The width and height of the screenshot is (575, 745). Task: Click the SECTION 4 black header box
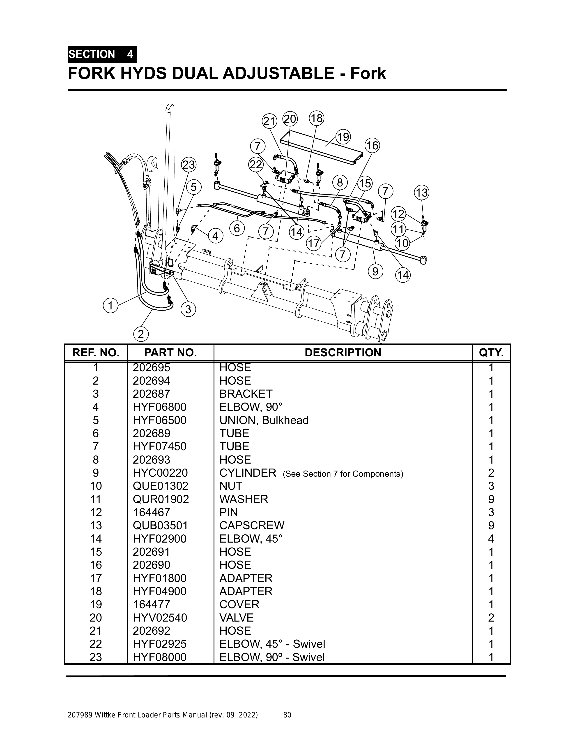click(102, 54)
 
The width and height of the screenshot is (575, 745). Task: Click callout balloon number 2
click(141, 334)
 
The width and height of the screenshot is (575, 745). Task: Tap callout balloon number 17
click(314, 244)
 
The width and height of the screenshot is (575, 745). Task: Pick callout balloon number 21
click(269, 121)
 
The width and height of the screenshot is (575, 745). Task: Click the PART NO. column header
click(170, 353)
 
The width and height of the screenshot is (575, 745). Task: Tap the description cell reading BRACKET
click(246, 394)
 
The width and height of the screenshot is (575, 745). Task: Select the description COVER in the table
click(239, 604)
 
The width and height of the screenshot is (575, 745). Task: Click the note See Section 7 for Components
click(343, 474)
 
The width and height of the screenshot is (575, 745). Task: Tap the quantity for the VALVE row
click(491, 618)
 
